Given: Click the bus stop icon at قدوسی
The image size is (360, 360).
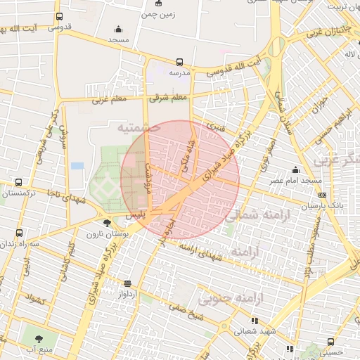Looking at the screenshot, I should point(58,16).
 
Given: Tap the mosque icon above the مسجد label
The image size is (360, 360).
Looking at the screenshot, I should point(117,29).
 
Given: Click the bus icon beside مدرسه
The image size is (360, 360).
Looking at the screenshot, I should point(179,62).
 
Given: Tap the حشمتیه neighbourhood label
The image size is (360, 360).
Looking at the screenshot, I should point(134,127).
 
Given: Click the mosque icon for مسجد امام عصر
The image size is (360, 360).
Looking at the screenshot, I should point(296,169).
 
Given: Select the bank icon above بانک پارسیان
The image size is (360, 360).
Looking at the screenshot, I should point(322,195).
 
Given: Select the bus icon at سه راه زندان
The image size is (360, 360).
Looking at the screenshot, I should point(18,232).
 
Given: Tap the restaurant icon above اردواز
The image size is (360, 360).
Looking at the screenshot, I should point(127,283).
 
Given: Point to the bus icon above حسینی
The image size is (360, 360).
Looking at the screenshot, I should point(330,342).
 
